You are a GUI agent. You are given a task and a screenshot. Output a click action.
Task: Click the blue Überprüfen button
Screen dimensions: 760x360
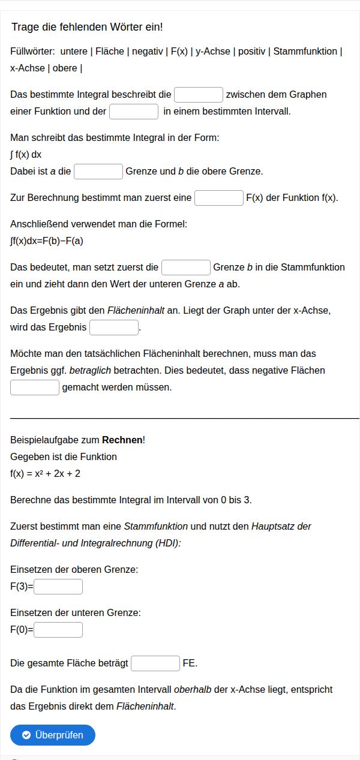coord(53,735)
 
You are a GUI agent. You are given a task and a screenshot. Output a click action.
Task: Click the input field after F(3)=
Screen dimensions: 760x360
coord(58,586)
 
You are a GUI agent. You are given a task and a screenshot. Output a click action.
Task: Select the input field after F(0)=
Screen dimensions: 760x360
coord(58,629)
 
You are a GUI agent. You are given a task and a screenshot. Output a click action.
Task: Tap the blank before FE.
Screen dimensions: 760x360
coord(155,663)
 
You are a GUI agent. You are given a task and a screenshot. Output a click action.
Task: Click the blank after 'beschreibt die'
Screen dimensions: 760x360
coord(199,94)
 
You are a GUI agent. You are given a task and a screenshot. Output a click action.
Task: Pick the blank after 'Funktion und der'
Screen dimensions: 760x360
coord(134,111)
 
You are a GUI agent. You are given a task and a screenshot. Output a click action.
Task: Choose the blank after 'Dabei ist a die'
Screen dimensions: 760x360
coord(98,171)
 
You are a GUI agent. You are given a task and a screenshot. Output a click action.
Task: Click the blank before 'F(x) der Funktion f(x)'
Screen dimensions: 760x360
coord(219,197)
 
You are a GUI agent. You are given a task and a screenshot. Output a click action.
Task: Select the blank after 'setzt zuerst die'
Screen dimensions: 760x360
coord(186,267)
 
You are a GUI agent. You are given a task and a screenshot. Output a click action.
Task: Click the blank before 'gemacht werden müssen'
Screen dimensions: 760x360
coord(35,387)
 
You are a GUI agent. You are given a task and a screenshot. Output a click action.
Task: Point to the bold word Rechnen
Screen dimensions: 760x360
coord(122,440)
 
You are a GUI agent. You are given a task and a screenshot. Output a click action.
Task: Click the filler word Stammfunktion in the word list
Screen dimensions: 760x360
coord(305,51)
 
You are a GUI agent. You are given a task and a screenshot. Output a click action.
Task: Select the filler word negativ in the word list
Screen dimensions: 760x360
coord(147,51)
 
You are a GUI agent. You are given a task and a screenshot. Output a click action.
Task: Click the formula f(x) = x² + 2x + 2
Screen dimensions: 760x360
coord(46,473)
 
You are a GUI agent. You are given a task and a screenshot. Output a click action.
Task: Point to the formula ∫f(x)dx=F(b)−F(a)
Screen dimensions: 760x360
coord(47,241)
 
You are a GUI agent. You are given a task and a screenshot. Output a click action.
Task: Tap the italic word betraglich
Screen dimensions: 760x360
coord(90,370)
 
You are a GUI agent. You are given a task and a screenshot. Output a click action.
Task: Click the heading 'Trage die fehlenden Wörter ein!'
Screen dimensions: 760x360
coord(87,27)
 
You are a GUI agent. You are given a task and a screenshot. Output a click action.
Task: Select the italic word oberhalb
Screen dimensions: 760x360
coord(193,689)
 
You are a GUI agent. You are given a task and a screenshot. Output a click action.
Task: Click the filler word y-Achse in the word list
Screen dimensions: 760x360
coord(213,51)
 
